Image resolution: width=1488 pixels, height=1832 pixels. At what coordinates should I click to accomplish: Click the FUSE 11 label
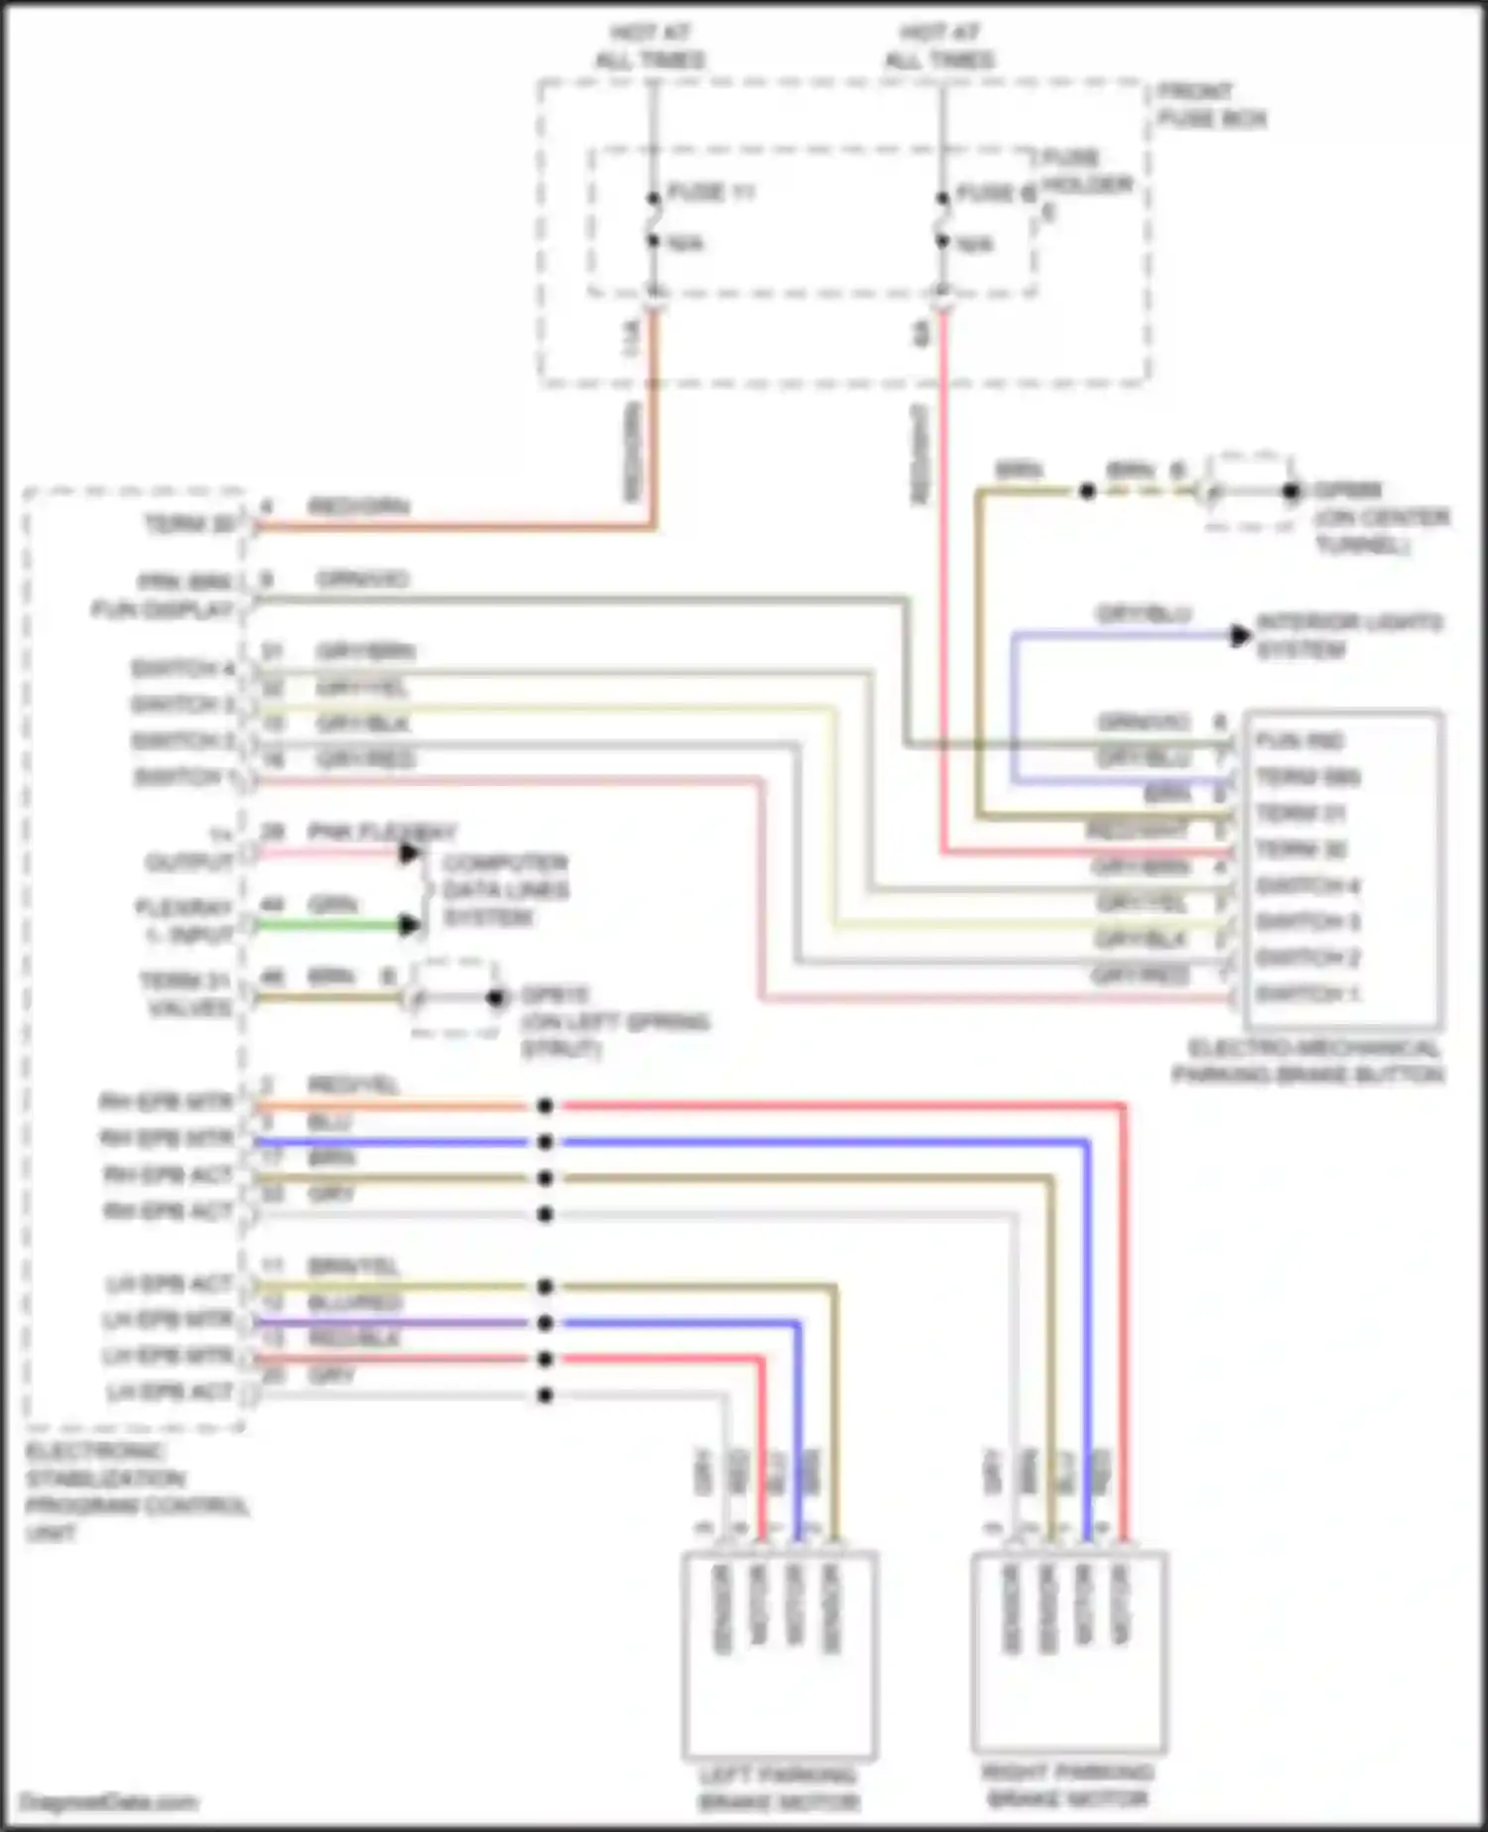click(x=710, y=192)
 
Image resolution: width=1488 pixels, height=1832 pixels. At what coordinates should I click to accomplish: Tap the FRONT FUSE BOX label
click(x=1211, y=104)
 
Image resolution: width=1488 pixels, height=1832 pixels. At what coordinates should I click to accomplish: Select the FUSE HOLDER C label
click(x=1085, y=184)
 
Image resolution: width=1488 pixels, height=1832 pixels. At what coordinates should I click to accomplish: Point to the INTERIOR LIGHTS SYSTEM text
click(x=1348, y=636)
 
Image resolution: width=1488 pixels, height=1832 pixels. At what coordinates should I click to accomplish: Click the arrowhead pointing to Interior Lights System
click(x=1240, y=636)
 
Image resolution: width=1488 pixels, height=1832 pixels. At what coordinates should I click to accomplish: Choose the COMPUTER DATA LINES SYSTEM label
click(x=504, y=889)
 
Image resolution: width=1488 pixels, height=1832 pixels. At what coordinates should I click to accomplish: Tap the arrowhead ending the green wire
click(x=408, y=926)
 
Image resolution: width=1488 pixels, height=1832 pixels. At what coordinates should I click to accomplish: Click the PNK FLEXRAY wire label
click(x=382, y=832)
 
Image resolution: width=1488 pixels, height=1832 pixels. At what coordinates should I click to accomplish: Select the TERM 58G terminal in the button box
click(x=1307, y=777)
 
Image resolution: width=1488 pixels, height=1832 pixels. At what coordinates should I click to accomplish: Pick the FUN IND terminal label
click(x=1299, y=741)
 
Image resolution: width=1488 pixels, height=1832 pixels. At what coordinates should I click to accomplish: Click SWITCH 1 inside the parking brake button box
click(x=1306, y=993)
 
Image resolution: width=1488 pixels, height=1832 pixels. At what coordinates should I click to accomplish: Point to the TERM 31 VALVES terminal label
click(x=186, y=994)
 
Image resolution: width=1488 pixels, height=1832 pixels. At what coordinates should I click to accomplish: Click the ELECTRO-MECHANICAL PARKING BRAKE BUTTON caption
click(x=1307, y=1061)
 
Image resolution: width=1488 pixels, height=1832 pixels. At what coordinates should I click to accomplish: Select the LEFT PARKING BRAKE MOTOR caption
click(x=779, y=1787)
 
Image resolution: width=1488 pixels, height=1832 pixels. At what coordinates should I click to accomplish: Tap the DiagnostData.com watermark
click(x=108, y=1801)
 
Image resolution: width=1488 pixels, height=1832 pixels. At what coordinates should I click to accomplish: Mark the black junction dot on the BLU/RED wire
click(x=545, y=1323)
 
